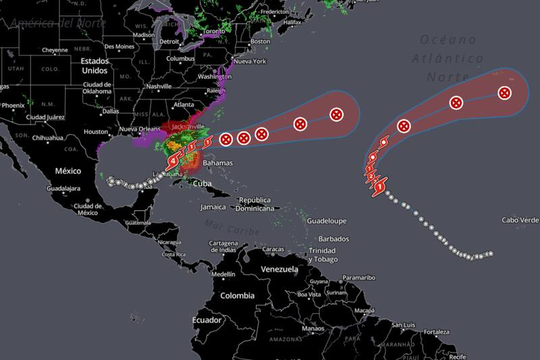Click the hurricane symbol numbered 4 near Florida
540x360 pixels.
pyautogui.click(x=175, y=161)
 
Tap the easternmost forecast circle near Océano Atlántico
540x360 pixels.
pyautogui.click(x=504, y=93)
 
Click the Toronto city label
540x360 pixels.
pyautogui.click(x=213, y=31)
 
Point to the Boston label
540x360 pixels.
pyautogui.click(x=260, y=41)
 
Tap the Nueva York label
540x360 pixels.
pyautogui.click(x=250, y=61)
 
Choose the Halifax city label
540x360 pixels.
pyautogui.click(x=292, y=22)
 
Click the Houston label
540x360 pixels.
pyautogui.click(x=96, y=132)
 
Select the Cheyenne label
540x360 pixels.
pyautogui.click(x=55, y=50)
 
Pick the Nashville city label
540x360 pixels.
pyautogui.click(x=159, y=86)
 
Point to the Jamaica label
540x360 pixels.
pyautogui.click(x=213, y=207)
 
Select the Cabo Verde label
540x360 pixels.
pyautogui.click(x=520, y=220)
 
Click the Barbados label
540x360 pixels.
pyautogui.click(x=333, y=239)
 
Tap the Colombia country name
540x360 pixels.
pyautogui.click(x=238, y=295)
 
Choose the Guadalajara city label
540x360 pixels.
pyautogui.click(x=62, y=188)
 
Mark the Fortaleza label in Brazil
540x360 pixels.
pyautogui.click(x=436, y=332)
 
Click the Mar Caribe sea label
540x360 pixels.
pyautogui.click(x=223, y=227)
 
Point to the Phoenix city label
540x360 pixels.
pyautogui.click(x=12, y=105)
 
